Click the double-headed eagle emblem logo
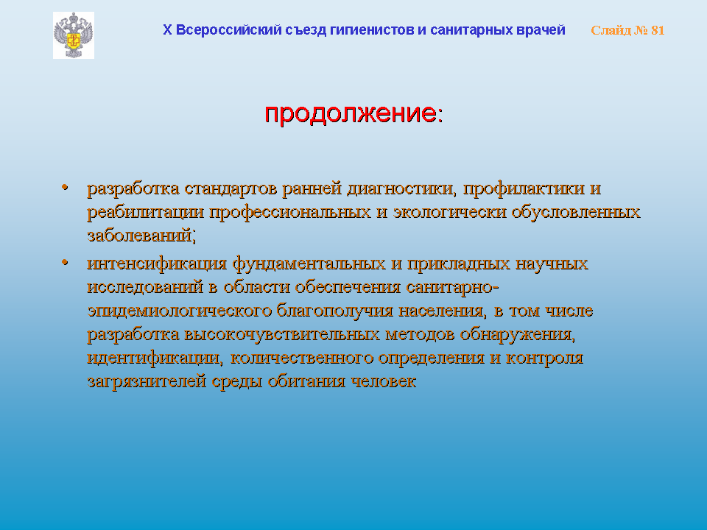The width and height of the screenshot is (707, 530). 74,35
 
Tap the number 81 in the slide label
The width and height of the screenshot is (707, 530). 658,30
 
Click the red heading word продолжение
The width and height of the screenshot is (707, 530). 351,113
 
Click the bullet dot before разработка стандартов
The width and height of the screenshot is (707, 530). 65,186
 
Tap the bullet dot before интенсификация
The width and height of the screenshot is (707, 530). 65,262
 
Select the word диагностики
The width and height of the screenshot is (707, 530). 401,188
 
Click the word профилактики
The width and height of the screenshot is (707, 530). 524,188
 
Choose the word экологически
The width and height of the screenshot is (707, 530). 449,212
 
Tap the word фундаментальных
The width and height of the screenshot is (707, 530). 309,264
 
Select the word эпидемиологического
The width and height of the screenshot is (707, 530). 180,311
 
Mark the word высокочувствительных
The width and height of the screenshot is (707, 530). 282,334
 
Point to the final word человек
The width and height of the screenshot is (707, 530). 383,381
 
